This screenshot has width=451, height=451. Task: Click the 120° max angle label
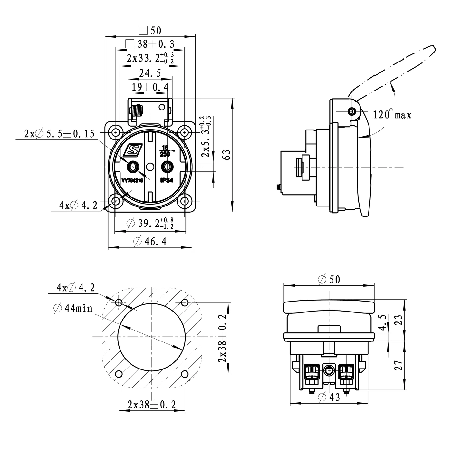point(392,115)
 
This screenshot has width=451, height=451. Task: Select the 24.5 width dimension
point(150,73)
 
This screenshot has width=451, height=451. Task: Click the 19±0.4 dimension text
point(150,87)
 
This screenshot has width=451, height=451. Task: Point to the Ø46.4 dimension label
point(150,241)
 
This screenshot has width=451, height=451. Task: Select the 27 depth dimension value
point(399,365)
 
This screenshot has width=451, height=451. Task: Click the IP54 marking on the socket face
point(167,181)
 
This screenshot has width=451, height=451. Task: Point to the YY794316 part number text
point(132,181)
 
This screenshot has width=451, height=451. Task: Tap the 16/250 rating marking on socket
point(166,151)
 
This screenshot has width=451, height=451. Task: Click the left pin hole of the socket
point(132,167)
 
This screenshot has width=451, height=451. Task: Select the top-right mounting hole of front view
point(184,132)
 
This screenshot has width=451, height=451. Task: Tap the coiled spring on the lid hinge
point(137,111)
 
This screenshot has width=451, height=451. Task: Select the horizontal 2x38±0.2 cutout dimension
point(152,405)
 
